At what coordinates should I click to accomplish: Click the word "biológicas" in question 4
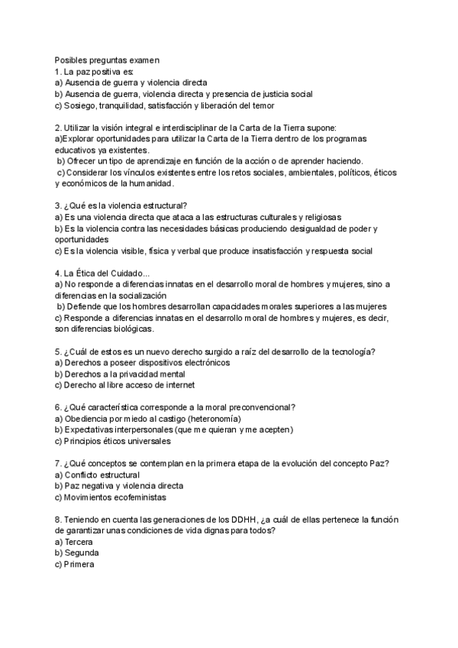[x=131, y=329]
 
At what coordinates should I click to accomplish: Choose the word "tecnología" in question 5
[x=359, y=352]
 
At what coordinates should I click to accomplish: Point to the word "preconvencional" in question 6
[x=260, y=407]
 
